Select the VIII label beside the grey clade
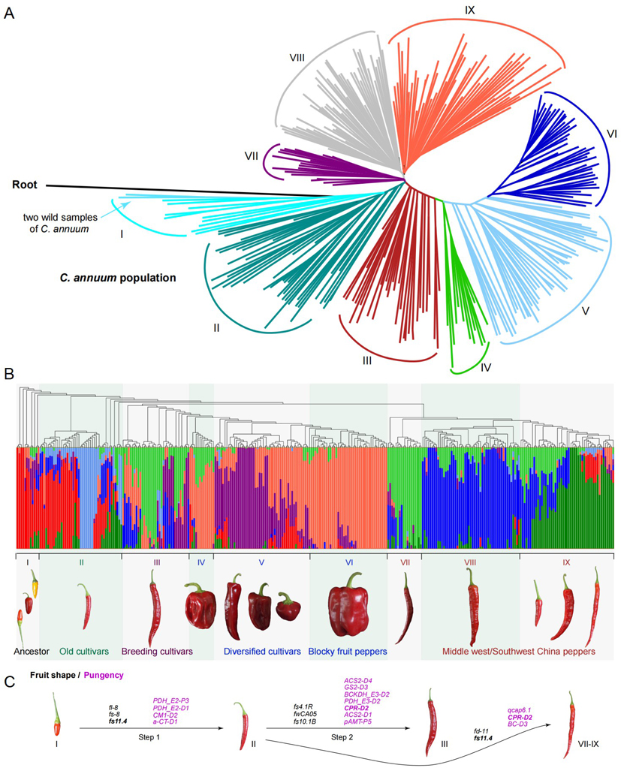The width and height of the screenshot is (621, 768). pyautogui.click(x=298, y=56)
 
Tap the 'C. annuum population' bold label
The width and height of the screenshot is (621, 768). pyautogui.click(x=118, y=278)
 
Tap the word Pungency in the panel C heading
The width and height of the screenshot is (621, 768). pyautogui.click(x=100, y=675)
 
